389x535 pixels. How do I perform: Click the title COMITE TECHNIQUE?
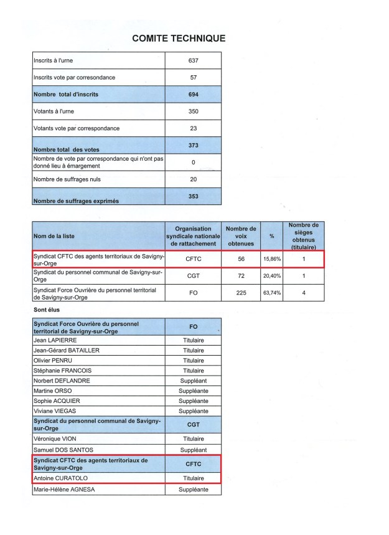179,39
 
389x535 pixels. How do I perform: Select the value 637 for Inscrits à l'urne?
193,60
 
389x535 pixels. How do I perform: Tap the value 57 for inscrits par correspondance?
193,77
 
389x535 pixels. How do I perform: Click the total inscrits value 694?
193,94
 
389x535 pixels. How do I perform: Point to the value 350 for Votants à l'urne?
193,111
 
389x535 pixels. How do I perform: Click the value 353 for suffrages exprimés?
193,196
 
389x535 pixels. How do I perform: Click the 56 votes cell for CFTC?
240,258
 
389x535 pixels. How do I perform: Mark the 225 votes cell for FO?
240,293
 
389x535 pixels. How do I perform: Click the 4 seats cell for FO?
304,293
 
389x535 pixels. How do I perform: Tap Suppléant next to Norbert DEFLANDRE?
193,381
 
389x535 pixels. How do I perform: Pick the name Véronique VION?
56,438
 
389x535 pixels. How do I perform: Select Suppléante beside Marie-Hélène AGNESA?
193,490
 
